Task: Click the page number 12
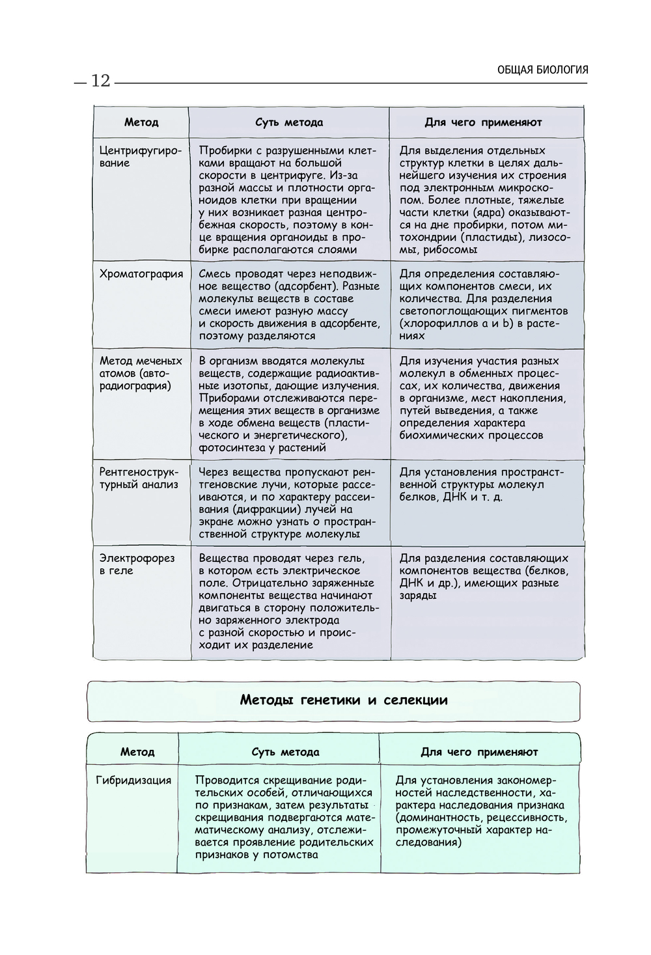[x=101, y=81]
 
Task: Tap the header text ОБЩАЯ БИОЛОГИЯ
[x=542, y=70]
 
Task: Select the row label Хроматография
[x=141, y=274]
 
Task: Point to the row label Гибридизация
[x=133, y=781]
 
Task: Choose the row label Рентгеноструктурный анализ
[x=139, y=478]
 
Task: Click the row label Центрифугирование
[x=140, y=157]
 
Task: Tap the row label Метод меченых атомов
[x=141, y=373]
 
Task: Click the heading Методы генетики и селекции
[x=344, y=700]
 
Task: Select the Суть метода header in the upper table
[x=288, y=122]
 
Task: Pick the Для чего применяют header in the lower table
[x=479, y=752]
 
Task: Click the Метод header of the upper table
[x=141, y=122]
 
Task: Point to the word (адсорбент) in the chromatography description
[x=304, y=286]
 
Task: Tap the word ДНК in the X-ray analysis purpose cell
[x=454, y=497]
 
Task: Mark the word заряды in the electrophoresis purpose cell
[x=418, y=596]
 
